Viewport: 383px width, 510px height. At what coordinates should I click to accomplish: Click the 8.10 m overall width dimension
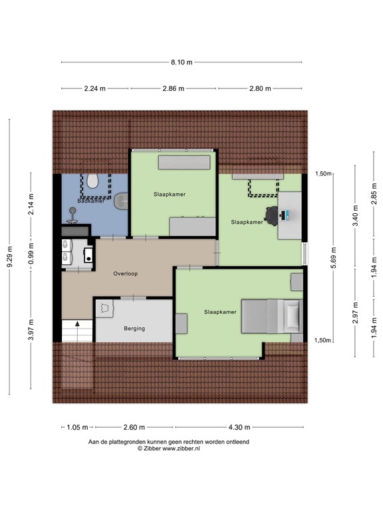pos(181,62)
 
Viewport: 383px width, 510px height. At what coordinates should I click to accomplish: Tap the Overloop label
pos(125,273)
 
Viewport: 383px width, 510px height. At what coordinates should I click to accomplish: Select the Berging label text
pos(134,329)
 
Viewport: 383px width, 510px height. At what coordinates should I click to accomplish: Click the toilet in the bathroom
pos(94,180)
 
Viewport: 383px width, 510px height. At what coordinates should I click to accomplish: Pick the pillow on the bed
pos(293,314)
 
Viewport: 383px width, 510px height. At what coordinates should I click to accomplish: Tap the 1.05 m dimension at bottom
pos(78,428)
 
